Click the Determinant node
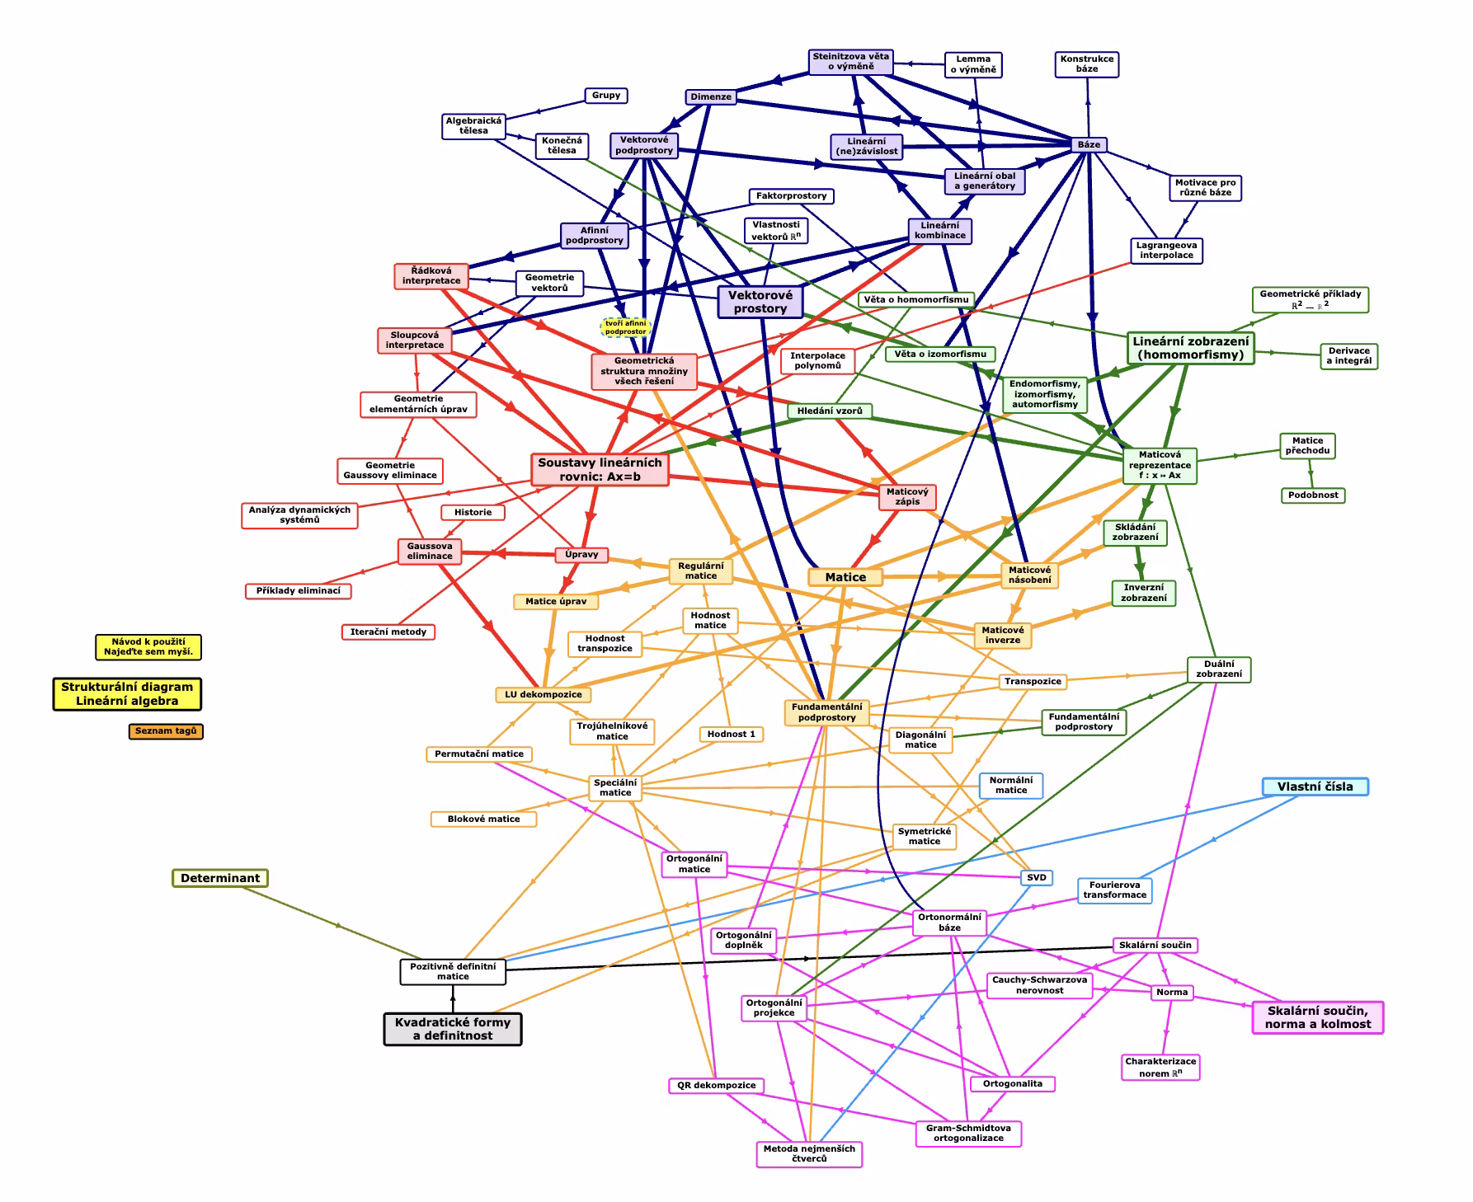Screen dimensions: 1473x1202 [x=220, y=878]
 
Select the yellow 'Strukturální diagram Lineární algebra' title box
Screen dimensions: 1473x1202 [x=127, y=694]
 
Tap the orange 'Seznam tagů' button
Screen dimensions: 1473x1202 [x=166, y=731]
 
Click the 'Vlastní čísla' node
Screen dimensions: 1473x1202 [x=1315, y=786]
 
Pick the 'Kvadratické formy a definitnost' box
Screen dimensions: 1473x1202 [x=453, y=1029]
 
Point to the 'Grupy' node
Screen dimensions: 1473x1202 [x=606, y=96]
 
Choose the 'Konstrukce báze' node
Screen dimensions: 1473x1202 [x=1087, y=64]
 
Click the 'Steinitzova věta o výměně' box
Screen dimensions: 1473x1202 [x=851, y=62]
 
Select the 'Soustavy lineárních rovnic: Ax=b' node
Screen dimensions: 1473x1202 [x=600, y=470]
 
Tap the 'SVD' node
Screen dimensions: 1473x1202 [x=1037, y=877]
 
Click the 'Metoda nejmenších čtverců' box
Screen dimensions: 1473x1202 [x=809, y=1154]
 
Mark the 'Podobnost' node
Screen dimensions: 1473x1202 [x=1313, y=495]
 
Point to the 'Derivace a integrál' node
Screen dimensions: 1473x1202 [x=1349, y=356]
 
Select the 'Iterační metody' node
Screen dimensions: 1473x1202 [x=388, y=632]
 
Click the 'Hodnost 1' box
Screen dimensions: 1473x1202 [x=732, y=734]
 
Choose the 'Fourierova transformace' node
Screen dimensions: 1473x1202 [x=1115, y=890]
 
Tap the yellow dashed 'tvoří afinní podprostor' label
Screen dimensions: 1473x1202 [x=626, y=327]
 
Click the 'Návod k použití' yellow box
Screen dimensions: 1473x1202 [x=148, y=647]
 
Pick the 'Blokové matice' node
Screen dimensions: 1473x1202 [x=483, y=819]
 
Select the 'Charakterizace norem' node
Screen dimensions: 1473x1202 [x=1160, y=1068]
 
